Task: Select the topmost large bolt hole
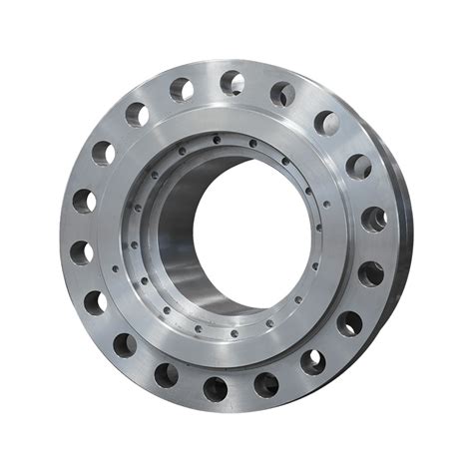(x=233, y=82)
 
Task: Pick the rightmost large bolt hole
(x=374, y=219)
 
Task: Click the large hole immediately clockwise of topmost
(x=282, y=94)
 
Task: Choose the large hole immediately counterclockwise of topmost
(x=182, y=90)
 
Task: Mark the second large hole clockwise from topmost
(x=326, y=123)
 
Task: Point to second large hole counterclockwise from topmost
(x=137, y=114)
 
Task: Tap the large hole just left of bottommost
(x=166, y=375)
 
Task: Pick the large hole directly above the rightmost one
(x=358, y=166)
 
